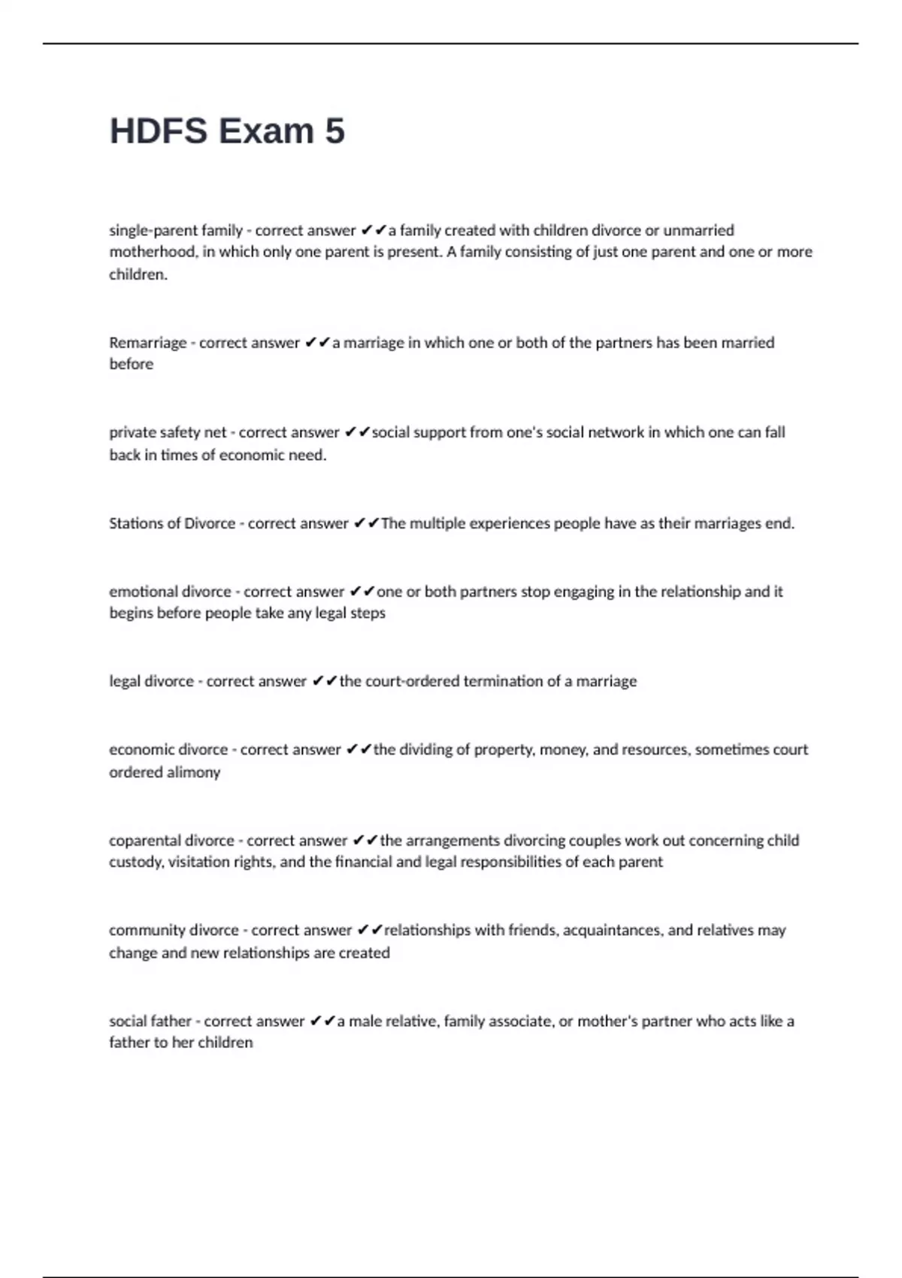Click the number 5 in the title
(335, 131)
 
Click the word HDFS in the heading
(159, 131)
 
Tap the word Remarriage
(147, 343)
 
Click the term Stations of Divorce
(172, 523)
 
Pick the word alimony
(194, 772)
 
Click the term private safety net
(167, 432)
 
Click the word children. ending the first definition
(138, 274)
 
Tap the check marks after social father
(322, 1021)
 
